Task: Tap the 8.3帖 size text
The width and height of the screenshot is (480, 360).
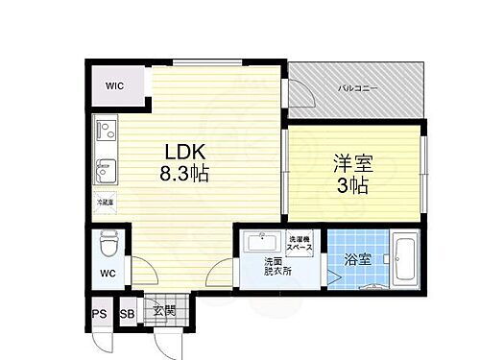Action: coord(185,176)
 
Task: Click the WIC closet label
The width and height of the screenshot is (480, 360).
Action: coord(115,86)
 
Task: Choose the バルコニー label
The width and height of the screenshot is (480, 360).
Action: coord(357,88)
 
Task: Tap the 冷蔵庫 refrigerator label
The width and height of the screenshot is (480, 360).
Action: coord(105,203)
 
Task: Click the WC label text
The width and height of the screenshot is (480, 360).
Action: coord(107,271)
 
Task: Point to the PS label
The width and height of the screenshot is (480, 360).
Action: coord(100,312)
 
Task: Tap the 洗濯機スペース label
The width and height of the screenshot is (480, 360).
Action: coord(300,243)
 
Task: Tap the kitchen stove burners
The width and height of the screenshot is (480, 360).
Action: coord(105,132)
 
